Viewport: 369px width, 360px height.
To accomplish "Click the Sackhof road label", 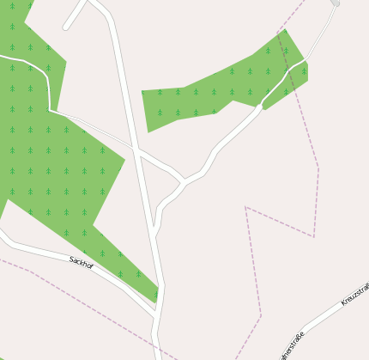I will click(x=82, y=262).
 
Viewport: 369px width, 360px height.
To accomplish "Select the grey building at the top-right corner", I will click(x=336, y=3).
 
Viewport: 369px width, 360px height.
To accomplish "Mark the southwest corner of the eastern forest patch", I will click(x=148, y=131).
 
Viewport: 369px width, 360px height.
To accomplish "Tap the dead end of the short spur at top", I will click(x=66, y=27).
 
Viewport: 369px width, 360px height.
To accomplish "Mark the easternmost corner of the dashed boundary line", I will click(x=318, y=167).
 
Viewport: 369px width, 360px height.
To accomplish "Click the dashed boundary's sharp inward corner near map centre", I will click(x=246, y=207).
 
